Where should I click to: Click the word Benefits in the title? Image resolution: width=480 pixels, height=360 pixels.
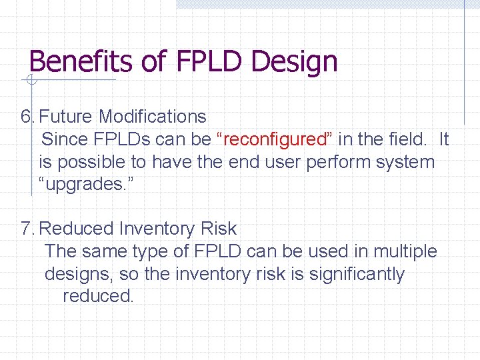83,61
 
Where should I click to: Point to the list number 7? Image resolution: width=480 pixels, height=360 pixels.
27,229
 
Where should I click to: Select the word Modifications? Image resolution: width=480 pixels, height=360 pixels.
153,117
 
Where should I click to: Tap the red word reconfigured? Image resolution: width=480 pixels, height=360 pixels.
274,140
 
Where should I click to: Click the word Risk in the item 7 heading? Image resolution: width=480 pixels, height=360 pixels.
217,229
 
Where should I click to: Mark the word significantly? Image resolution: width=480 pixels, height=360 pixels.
357,274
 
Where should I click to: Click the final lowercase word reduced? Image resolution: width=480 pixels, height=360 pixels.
98,296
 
